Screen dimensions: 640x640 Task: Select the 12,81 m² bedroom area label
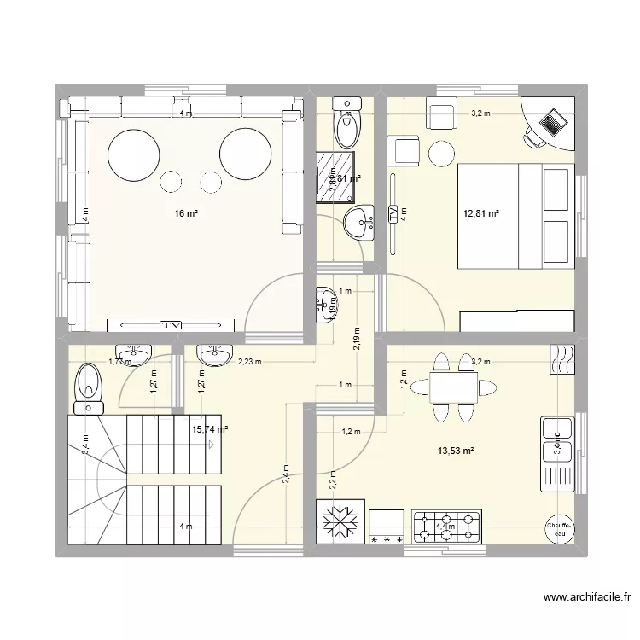tap(480, 215)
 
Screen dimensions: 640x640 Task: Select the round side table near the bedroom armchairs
tap(441, 154)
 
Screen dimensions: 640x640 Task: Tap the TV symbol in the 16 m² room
tap(172, 325)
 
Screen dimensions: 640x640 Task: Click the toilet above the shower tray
tap(346, 126)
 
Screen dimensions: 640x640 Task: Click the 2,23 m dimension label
tap(249, 362)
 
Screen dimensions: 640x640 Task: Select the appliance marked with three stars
tap(387, 525)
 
